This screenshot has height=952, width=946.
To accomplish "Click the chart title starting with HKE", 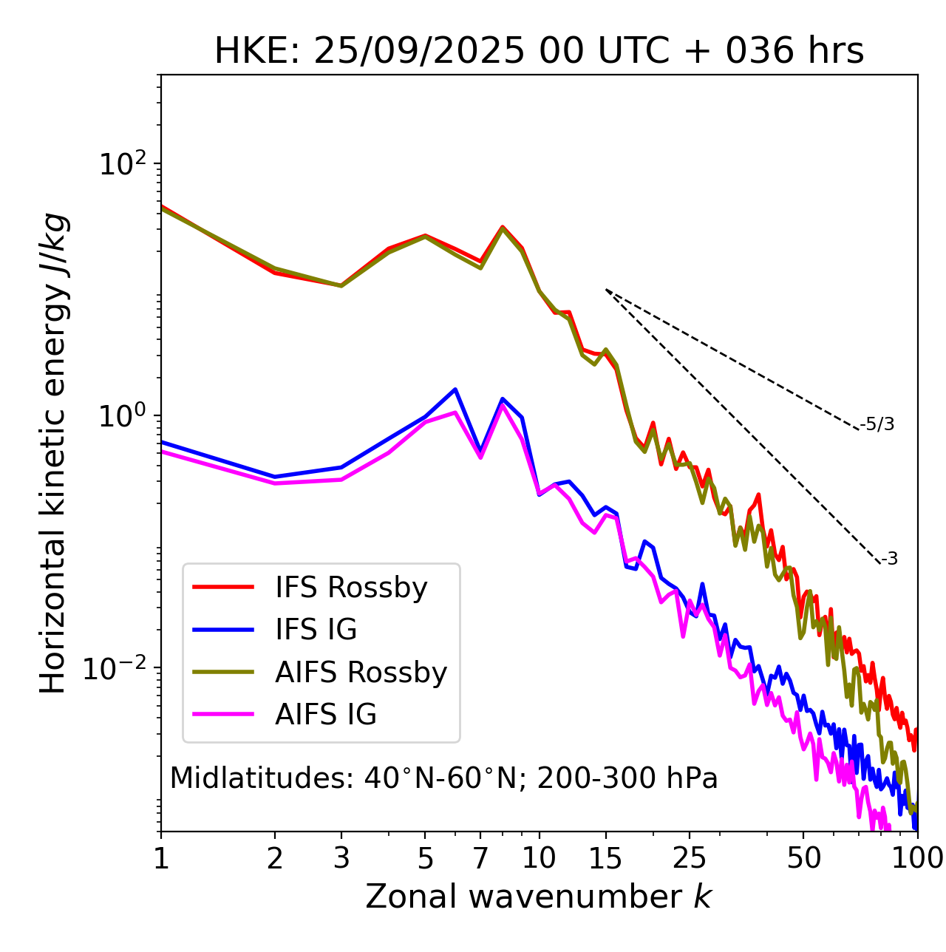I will click(x=539, y=51).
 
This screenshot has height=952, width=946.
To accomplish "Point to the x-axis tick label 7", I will click(x=480, y=858).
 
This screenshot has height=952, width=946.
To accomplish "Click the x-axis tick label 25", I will click(x=690, y=858).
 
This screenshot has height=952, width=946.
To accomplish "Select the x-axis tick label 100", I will click(x=917, y=858).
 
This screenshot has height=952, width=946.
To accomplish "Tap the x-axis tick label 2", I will click(x=275, y=858).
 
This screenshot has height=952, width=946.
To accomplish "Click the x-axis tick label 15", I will click(x=605, y=858).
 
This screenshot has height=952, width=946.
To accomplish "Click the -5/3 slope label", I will click(x=877, y=424).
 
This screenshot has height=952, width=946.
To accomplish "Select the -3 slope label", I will click(x=889, y=559).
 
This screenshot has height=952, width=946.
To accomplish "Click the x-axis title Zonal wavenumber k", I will click(x=539, y=897).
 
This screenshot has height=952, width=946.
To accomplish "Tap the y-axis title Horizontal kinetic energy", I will click(x=53, y=452).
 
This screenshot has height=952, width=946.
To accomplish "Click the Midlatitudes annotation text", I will click(x=443, y=778).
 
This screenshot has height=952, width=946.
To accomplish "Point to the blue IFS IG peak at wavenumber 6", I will click(x=455, y=389).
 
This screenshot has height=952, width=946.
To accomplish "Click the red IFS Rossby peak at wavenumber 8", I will click(x=503, y=226).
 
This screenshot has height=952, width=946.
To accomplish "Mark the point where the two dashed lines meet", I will click(x=606, y=290).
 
